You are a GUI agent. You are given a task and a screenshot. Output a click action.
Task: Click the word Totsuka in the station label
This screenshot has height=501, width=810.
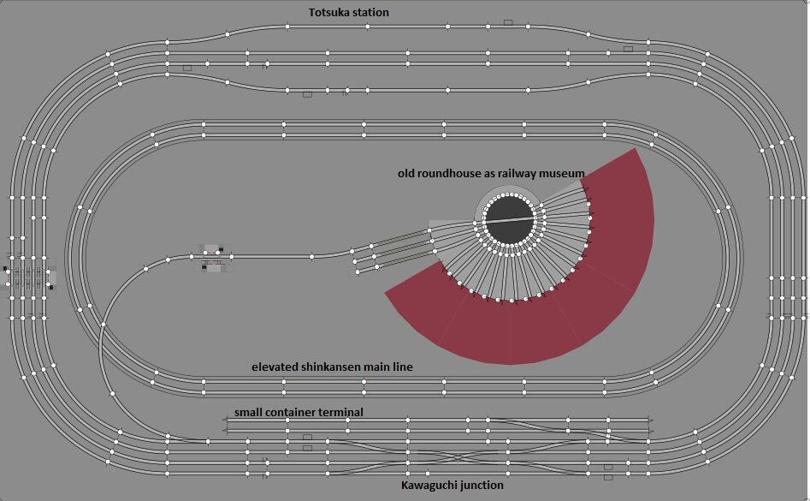point(329,13)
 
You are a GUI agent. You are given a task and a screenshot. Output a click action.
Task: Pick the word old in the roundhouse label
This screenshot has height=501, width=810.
point(408,173)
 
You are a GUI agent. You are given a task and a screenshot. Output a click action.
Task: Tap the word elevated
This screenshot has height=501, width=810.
point(275,367)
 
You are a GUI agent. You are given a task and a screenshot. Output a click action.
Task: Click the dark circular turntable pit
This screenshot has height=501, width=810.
point(511,221)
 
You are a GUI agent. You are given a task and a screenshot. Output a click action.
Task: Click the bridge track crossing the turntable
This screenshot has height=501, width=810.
point(511,220)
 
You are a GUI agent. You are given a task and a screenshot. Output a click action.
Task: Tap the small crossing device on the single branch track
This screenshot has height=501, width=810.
point(213,259)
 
